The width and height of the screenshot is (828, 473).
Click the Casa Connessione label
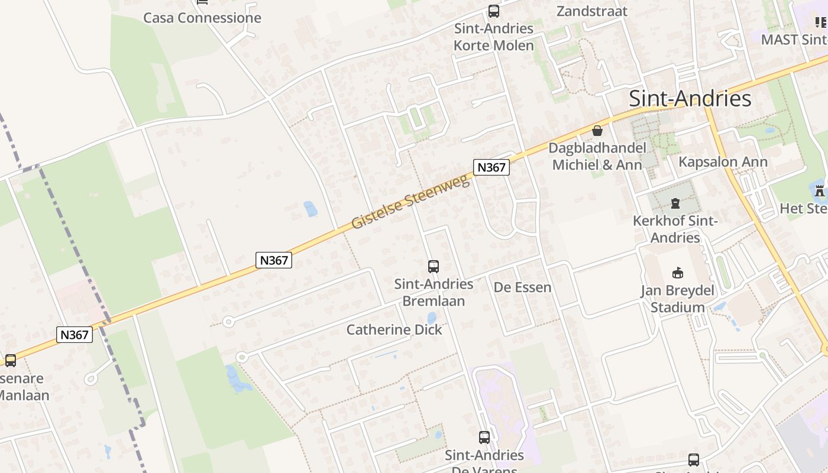click(x=202, y=18)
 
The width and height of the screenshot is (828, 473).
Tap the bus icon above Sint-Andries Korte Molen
click(x=493, y=11)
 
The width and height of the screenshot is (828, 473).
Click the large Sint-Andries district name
click(x=690, y=98)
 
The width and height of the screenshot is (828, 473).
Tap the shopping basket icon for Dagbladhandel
click(x=597, y=131)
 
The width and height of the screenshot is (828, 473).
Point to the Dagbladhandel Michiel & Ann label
click(x=597, y=156)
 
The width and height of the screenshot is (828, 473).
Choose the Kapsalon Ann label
click(x=723, y=162)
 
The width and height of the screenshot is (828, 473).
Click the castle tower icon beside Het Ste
click(x=819, y=190)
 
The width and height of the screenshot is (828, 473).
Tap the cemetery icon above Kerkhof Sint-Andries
click(x=675, y=204)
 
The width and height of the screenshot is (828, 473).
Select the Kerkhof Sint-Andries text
click(x=675, y=229)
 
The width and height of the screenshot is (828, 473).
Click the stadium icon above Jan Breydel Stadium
click(x=678, y=273)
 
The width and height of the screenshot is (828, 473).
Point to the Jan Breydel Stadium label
click(x=678, y=299)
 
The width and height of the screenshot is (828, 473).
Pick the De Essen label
click(x=522, y=288)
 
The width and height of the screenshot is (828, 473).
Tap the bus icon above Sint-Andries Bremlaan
click(x=434, y=267)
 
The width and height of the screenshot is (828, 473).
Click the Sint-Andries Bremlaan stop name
click(x=434, y=293)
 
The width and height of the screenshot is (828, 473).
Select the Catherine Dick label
click(x=394, y=330)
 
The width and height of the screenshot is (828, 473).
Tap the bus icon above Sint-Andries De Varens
click(x=484, y=438)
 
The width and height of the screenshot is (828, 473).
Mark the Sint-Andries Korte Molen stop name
click(x=493, y=37)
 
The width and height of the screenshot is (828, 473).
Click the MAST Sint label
click(x=793, y=40)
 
